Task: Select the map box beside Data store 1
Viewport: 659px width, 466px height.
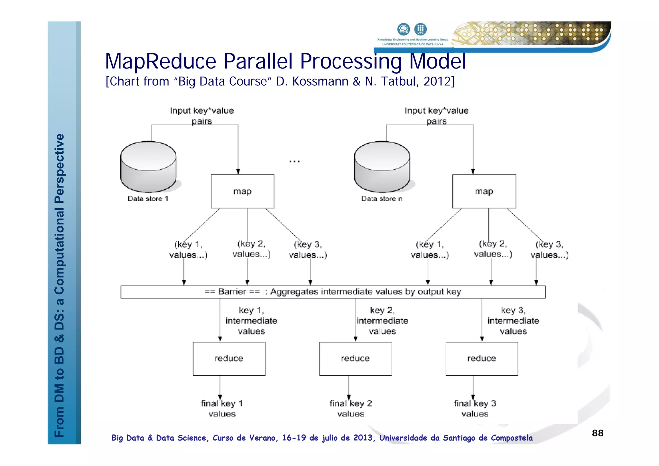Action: pos(242,191)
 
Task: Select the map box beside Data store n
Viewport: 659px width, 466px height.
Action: pos(484,191)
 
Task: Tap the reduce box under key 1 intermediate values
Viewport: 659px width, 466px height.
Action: pos(229,359)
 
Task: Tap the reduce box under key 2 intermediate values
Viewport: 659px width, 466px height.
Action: pos(355,359)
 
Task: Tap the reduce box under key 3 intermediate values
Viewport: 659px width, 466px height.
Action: pos(482,359)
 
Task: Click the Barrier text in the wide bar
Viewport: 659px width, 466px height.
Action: pos(232,292)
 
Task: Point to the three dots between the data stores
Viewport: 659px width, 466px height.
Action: pos(294,161)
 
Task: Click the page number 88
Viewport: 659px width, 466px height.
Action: pos(598,433)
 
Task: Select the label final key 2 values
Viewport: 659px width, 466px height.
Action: pos(351,408)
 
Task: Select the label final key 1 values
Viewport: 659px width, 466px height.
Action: pos(222,408)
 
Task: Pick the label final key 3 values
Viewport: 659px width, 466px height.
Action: pos(475,408)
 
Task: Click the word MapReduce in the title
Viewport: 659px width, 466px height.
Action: pos(161,61)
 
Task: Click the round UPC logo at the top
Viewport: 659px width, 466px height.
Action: pos(420,29)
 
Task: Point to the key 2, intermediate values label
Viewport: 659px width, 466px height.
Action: pos(382,321)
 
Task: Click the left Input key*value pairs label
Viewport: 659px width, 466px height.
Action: pos(202,116)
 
